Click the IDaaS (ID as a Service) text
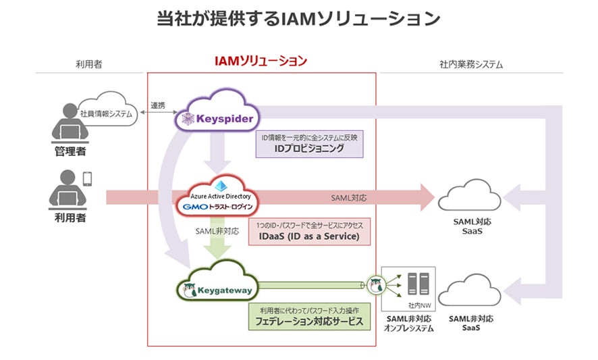click(309, 236)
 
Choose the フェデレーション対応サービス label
click(308, 322)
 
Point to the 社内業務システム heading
click(470, 65)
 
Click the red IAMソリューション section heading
click(261, 61)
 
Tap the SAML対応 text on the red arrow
click(349, 198)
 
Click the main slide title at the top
click(298, 18)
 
